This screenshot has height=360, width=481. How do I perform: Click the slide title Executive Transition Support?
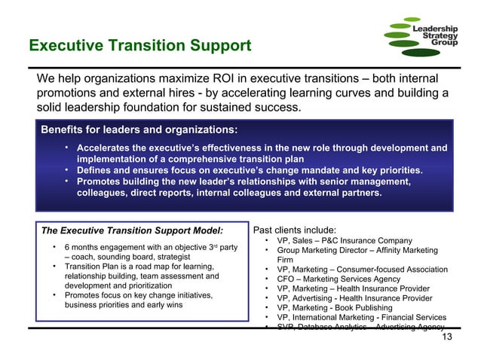tap(139, 46)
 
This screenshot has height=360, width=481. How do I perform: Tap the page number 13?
tap(447, 337)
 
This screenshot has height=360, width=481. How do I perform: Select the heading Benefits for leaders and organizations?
tap(139, 130)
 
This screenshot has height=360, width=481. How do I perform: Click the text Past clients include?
tap(294, 230)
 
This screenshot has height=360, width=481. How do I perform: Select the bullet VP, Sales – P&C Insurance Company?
tap(344, 241)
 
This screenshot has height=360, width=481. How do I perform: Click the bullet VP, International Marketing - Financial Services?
tap(361, 318)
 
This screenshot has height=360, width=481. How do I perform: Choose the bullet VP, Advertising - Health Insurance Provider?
tap(354, 298)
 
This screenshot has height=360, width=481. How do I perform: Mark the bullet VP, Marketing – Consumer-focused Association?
tap(362, 269)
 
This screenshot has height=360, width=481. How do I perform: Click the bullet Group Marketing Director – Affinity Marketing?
tap(357, 250)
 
